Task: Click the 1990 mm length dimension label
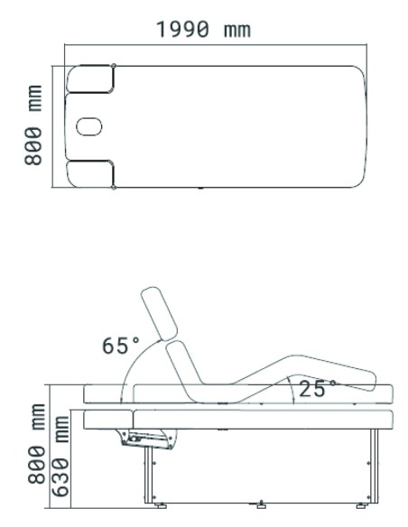[204, 29]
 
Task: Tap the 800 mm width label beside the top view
[32, 125]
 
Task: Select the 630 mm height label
[60, 457]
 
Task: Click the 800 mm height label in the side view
[36, 444]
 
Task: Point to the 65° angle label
[120, 346]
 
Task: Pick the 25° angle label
[317, 388]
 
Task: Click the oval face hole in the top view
[89, 126]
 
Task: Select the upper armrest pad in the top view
[90, 79]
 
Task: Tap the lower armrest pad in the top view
[90, 174]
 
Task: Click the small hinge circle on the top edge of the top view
[114, 66]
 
